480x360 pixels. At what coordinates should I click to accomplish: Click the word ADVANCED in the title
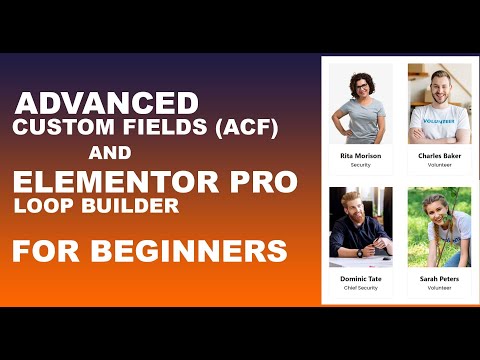[107, 104]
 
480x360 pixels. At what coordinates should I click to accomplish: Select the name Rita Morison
[360, 156]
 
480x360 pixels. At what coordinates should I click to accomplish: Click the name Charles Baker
[439, 156]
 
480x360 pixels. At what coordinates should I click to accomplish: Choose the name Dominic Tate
[360, 279]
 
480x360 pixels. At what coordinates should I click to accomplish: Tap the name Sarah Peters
[439, 279]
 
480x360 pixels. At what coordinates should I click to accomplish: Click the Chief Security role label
[360, 288]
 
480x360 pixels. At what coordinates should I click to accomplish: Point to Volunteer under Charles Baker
[439, 165]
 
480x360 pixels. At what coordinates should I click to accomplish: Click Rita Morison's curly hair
[360, 80]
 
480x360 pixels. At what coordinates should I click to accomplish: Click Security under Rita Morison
[360, 165]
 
